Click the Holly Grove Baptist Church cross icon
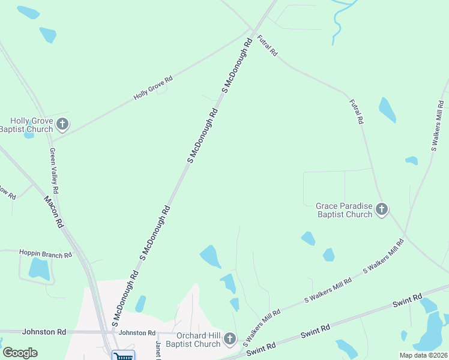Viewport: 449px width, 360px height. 62,125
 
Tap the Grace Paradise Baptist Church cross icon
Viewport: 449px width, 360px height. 381,209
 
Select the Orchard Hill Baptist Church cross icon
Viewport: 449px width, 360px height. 229,340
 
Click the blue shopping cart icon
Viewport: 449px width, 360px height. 123,356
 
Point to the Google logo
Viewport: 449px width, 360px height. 20,353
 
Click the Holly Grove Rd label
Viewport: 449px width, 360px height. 153,88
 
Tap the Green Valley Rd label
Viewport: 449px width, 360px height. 54,170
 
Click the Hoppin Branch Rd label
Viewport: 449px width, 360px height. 46,254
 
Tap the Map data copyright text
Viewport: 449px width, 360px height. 423,355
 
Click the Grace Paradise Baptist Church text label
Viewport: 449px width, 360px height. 344,210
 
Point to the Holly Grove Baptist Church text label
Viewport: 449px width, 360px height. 27,125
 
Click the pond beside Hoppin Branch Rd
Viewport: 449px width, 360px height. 39,269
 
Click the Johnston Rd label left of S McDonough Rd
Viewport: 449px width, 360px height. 44,331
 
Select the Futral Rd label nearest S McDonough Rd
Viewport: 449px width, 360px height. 267,46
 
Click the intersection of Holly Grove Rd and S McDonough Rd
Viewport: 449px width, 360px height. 251,30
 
